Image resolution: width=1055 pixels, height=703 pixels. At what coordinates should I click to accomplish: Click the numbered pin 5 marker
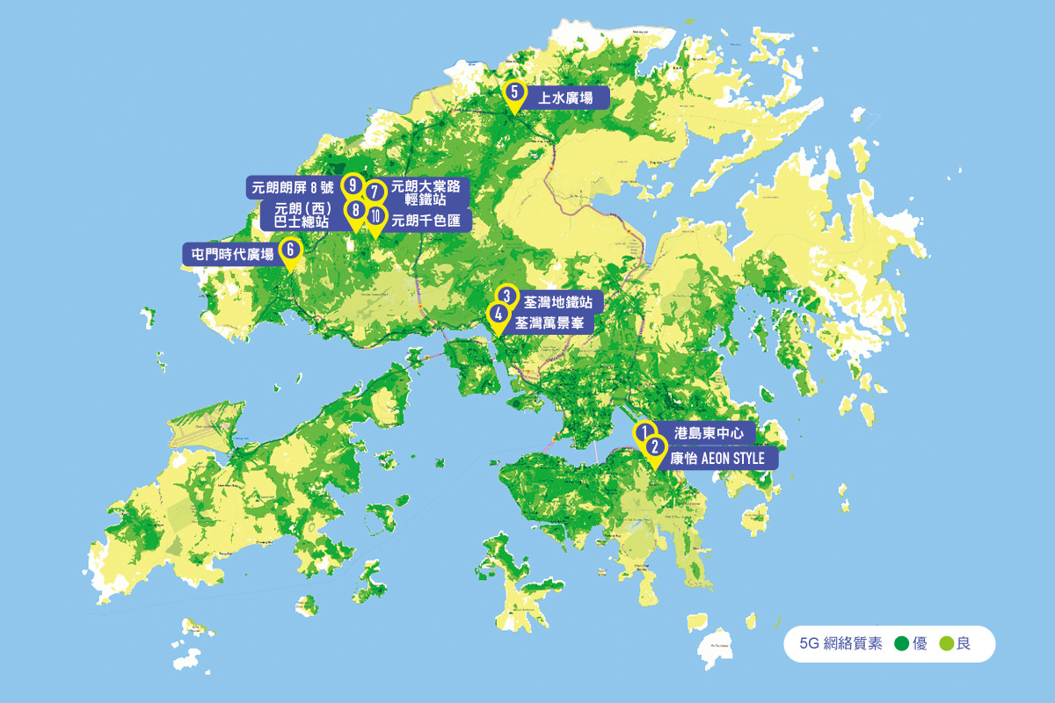[514, 93]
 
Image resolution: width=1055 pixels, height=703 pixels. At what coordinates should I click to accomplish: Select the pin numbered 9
[353, 185]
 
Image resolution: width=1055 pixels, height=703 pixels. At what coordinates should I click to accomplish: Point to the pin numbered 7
[375, 192]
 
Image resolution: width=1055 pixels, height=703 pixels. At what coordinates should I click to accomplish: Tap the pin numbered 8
[354, 211]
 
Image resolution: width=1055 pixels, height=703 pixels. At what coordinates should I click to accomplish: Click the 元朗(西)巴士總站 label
[301, 216]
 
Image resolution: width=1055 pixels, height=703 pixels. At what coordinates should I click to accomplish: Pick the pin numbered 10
[375, 217]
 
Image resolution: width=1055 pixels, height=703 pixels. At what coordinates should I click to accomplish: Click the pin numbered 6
[290, 250]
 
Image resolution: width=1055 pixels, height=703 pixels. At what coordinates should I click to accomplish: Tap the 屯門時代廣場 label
[233, 254]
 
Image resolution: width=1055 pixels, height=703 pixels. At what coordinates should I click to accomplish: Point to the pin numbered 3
[506, 296]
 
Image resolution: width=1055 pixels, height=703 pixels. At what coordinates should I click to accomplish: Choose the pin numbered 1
[644, 432]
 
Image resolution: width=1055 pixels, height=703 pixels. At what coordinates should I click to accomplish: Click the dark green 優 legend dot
[900, 644]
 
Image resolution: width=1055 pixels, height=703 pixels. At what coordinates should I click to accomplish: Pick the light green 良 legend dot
[946, 644]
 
